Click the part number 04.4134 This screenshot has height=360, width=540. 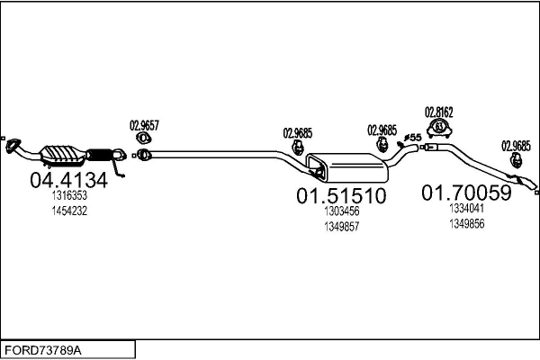69,180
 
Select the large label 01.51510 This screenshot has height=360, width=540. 341,195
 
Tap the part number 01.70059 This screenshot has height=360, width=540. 466,193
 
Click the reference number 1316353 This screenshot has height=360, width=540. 69,195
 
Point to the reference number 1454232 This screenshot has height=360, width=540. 69,211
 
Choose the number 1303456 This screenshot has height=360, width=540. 342,211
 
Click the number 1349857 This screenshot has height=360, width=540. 342,226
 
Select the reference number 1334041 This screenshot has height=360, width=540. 466,208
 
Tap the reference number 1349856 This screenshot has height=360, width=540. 466,223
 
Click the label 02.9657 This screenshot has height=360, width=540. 144,125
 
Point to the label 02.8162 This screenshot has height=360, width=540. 439,112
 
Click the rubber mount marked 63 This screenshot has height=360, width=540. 439,128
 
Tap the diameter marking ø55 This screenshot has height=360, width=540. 412,138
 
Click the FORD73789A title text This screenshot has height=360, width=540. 43,351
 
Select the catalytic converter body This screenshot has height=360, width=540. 63,155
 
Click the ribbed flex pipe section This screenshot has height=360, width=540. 100,155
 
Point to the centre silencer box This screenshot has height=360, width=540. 346,167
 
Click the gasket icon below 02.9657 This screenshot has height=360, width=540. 144,138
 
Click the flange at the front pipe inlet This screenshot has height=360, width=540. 13,145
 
